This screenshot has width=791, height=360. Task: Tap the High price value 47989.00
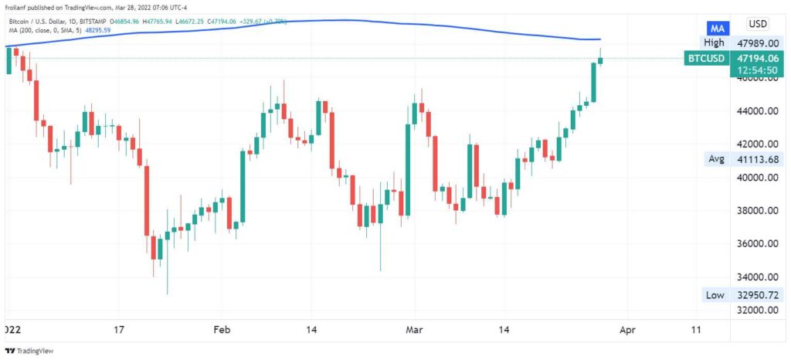point(755,43)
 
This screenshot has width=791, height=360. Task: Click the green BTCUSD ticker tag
point(706,57)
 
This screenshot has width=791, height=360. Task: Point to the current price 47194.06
point(755,57)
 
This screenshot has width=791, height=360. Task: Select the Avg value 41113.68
point(755,159)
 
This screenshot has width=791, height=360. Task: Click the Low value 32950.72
point(755,294)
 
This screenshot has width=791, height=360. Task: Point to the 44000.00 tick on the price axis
point(755,111)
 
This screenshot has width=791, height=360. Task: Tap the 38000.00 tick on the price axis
point(755,211)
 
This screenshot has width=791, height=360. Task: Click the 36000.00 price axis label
point(755,244)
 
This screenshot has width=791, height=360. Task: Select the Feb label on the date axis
point(222,330)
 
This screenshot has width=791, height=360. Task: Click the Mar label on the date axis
point(415,330)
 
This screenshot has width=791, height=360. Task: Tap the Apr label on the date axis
point(627,330)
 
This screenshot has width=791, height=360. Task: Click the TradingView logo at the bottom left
point(24,350)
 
